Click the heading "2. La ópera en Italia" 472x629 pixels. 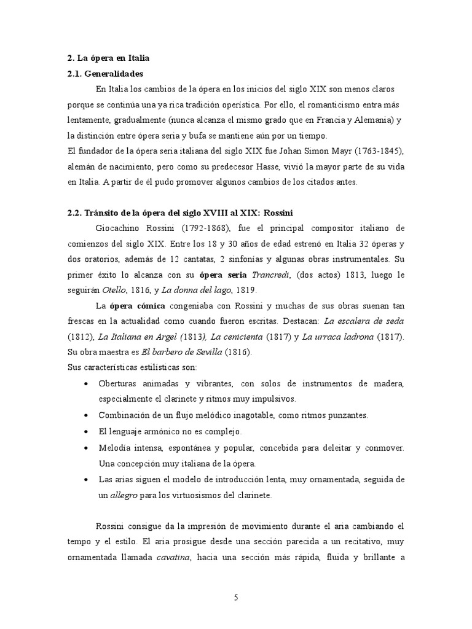point(108,58)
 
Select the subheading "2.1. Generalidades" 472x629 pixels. point(104,74)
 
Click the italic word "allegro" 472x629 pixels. point(121,494)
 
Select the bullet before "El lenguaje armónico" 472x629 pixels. point(85,432)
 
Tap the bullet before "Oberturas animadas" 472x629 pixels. point(85,384)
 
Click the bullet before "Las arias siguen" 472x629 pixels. point(85,479)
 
